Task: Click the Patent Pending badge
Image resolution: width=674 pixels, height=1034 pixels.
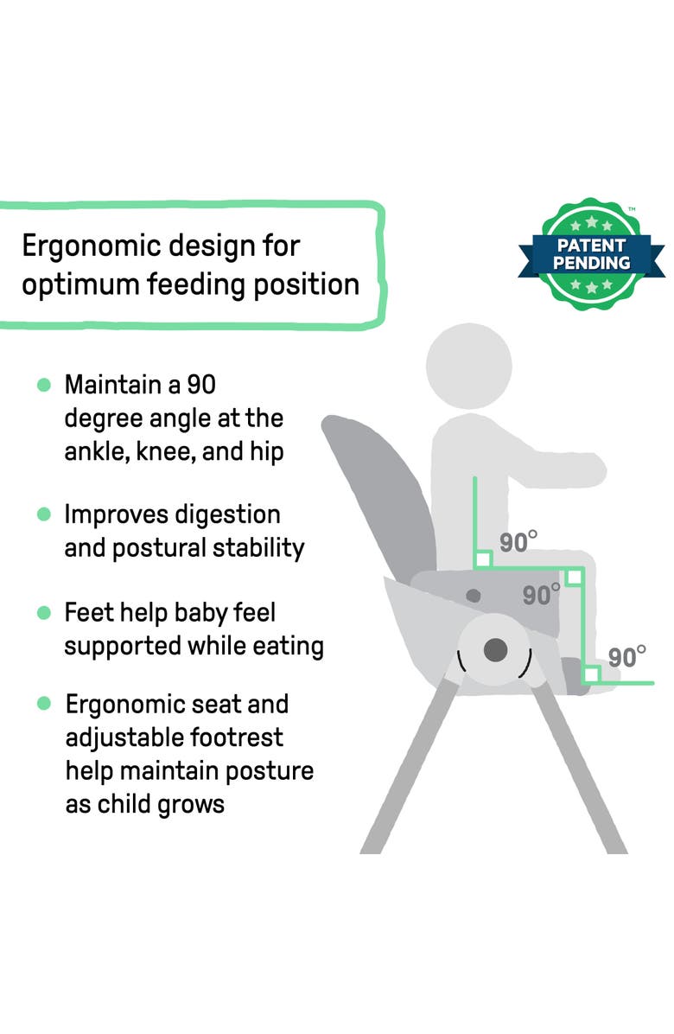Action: point(592,251)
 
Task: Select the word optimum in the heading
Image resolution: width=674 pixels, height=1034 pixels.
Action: point(84,284)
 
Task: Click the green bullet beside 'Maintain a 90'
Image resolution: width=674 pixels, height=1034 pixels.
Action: point(44,384)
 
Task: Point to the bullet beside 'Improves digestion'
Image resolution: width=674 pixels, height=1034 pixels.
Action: point(44,514)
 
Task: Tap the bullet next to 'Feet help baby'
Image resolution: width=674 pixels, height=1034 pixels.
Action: point(44,613)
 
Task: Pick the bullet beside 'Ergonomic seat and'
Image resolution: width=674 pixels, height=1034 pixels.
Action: point(44,704)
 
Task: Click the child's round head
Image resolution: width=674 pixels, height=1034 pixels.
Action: point(469,366)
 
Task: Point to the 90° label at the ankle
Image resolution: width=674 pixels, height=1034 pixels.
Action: point(626,657)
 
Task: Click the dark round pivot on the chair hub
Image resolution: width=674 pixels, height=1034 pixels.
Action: point(495,649)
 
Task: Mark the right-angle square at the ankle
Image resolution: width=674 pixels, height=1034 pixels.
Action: point(592,673)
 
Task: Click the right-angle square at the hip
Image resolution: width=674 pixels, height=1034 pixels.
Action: point(483,559)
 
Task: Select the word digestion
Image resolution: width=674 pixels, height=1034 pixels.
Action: point(228,515)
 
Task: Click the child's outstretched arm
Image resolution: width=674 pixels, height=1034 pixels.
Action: point(562,468)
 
